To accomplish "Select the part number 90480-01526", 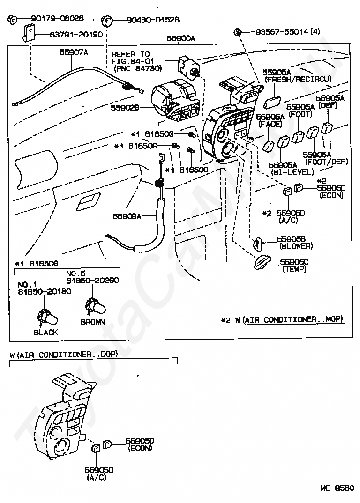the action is click(x=153, y=20).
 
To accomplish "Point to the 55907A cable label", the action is click(x=74, y=52).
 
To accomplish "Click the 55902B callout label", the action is click(x=125, y=108).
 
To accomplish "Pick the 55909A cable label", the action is click(x=127, y=216).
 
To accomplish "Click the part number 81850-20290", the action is click(x=92, y=281).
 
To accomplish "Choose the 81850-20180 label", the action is click(x=45, y=292).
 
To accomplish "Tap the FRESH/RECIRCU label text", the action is click(x=298, y=79).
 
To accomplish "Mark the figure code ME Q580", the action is click(x=337, y=488).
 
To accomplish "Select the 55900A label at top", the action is click(x=181, y=38).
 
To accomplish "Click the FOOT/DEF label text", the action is click(x=327, y=162).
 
